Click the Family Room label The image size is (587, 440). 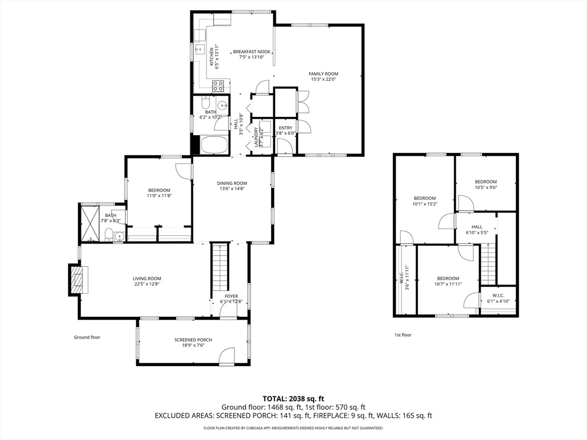pyautogui.click(x=323, y=74)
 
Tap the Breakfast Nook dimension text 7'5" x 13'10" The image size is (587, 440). pyautogui.click(x=252, y=57)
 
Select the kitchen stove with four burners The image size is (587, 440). pyautogui.click(x=218, y=86)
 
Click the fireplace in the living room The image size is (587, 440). pyautogui.click(x=78, y=279)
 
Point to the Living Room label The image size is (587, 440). pyautogui.click(x=147, y=278)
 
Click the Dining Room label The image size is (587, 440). pyautogui.click(x=232, y=183)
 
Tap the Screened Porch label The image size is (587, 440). pyautogui.click(x=193, y=340)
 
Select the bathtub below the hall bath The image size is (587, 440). pyautogui.click(x=214, y=145)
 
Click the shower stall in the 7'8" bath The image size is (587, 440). pyautogui.click(x=89, y=223)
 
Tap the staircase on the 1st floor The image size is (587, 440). pyautogui.click(x=488, y=263)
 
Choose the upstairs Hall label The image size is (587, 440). pyautogui.click(x=477, y=227)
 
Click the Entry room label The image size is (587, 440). pyautogui.click(x=285, y=128)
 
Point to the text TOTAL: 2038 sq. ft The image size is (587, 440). pyautogui.click(x=291, y=399)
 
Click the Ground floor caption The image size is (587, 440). pyautogui.click(x=87, y=337)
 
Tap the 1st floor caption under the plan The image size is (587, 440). pyautogui.click(x=403, y=335)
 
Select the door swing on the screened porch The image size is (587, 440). pyautogui.click(x=227, y=355)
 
